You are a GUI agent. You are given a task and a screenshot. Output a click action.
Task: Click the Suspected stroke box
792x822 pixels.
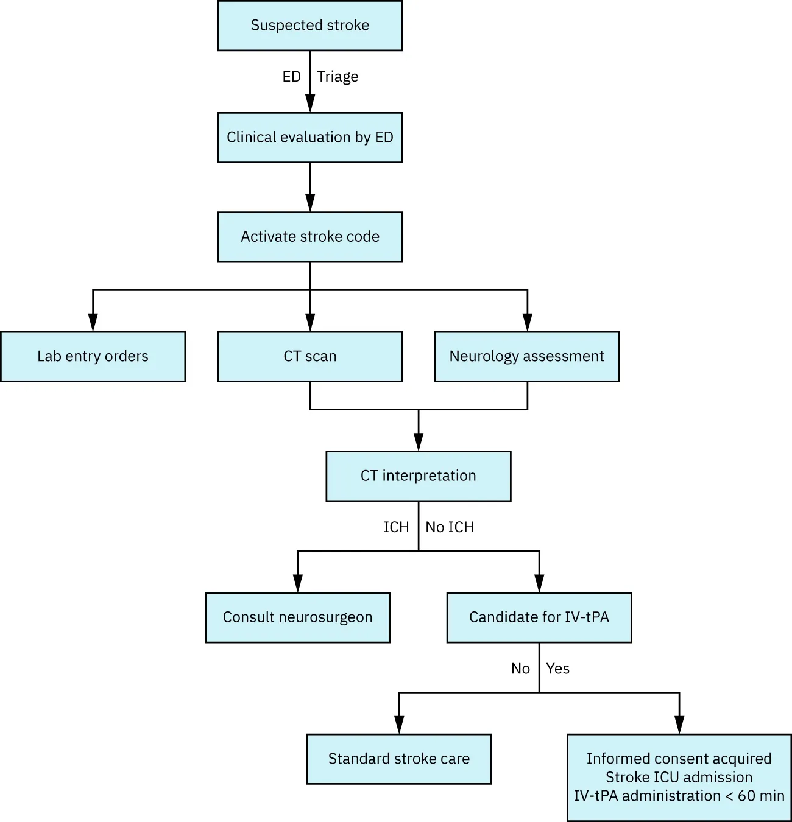(309, 26)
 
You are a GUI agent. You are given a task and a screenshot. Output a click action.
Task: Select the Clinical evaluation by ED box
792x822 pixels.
(309, 138)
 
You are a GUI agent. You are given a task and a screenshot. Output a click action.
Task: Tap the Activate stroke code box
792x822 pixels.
(309, 237)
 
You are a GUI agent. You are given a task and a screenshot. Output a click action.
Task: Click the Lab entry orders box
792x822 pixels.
(93, 357)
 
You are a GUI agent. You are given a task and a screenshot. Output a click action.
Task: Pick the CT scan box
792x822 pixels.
(309, 357)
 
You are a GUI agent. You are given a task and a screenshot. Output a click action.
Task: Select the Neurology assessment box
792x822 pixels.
(526, 357)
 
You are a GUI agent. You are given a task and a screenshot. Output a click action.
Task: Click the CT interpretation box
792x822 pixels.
(418, 476)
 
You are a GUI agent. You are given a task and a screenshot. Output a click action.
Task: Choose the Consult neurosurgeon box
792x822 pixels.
(297, 617)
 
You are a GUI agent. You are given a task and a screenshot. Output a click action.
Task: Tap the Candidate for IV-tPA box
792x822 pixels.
(539, 617)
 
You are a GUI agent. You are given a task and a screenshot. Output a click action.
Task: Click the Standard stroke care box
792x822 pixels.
(398, 759)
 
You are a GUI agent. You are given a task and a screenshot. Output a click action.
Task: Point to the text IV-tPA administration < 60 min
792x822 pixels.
(679, 796)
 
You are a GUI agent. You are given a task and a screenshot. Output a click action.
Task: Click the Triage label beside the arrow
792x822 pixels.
(338, 77)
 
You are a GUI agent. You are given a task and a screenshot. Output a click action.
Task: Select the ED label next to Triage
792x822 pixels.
(291, 77)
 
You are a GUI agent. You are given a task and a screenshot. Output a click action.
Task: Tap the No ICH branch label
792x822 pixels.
(450, 527)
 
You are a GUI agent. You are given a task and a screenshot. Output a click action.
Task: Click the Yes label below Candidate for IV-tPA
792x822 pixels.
(557, 669)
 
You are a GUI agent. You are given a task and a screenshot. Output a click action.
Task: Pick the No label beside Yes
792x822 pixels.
(520, 669)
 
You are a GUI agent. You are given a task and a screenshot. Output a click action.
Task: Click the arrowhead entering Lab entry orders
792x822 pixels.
(93, 323)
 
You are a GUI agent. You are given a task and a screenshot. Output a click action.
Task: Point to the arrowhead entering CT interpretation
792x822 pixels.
(418, 442)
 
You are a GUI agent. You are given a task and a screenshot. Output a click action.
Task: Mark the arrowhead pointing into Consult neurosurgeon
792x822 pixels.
(297, 583)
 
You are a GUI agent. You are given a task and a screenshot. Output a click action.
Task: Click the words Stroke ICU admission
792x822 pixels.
(679, 778)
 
